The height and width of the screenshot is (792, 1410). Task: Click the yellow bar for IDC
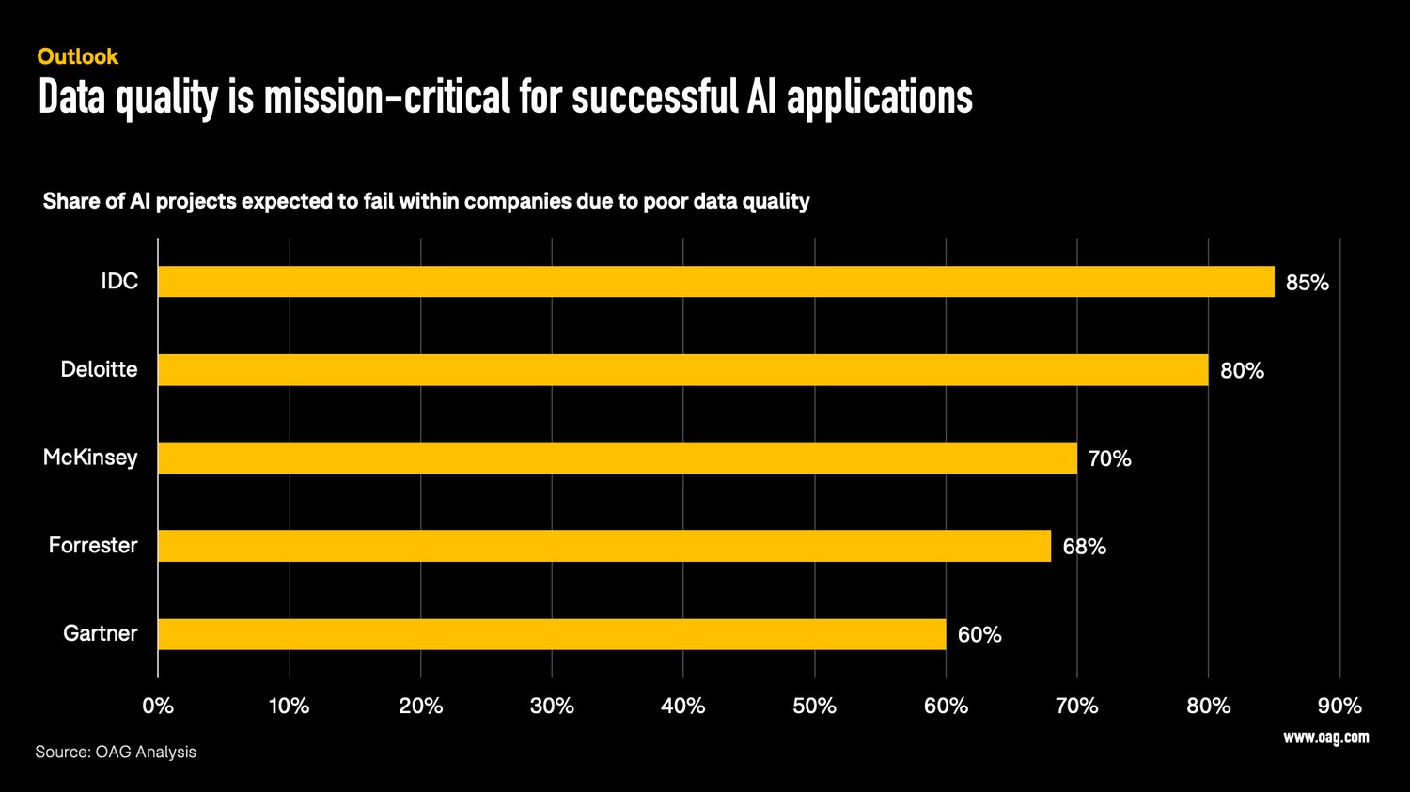tap(715, 282)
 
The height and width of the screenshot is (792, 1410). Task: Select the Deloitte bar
tap(682, 370)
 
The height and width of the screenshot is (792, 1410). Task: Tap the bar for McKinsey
tap(617, 458)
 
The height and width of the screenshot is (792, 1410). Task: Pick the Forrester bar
tap(603, 546)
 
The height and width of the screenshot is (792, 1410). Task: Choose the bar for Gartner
tap(551, 634)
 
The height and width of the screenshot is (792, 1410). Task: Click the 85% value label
tap(1307, 283)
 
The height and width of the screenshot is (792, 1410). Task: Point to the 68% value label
tap(1084, 547)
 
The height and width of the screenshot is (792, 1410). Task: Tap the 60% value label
tap(979, 635)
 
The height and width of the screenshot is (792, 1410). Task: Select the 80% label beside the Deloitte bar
tap(1242, 371)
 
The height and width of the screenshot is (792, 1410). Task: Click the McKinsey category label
tap(90, 458)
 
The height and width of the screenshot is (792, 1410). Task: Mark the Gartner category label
tap(100, 633)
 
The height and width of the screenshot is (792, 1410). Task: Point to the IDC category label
tap(119, 281)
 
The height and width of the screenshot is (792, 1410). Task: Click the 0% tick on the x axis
tap(158, 706)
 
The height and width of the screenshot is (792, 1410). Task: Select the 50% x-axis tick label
tap(814, 706)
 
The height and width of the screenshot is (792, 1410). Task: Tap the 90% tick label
tap(1339, 706)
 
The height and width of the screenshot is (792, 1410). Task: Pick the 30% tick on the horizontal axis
tap(551, 706)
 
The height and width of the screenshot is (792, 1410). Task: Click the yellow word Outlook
tap(78, 56)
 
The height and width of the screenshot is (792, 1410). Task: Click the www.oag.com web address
tap(1325, 738)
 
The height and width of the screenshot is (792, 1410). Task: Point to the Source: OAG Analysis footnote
tap(116, 752)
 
